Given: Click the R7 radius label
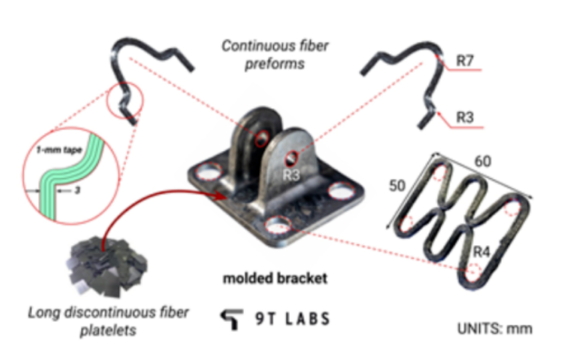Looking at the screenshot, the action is tap(464, 60).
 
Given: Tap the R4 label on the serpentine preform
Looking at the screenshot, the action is tap(481, 251).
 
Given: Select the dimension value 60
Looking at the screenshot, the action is tap(482, 161).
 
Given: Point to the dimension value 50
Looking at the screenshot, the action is tap(397, 186).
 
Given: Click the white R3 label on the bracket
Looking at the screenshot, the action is tap(291, 175).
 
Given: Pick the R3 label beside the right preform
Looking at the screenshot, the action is tap(464, 117).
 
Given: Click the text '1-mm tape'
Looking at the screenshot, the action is tap(59, 150).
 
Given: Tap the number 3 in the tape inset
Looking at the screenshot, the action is tap(77, 190).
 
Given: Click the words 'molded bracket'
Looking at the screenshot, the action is tap(275, 278).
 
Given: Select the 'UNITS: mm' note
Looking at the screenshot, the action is tap(494, 329).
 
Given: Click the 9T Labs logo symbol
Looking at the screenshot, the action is tap(231, 319).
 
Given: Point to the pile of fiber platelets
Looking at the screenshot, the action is tap(107, 266).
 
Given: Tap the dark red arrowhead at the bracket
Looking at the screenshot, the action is tap(221, 196).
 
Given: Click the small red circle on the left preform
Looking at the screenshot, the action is tap(125, 100).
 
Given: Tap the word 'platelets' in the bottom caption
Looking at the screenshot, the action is tap(108, 330).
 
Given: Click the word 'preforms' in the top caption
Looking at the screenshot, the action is tap(275, 64).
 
